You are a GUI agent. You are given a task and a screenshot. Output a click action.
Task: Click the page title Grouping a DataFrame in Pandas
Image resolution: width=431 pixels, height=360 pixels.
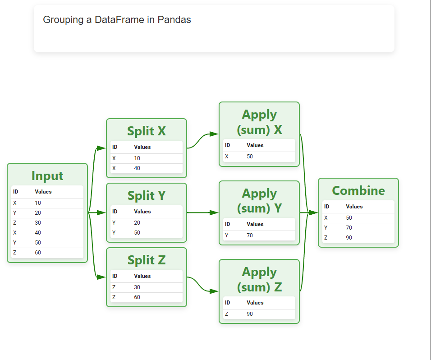coord(117,20)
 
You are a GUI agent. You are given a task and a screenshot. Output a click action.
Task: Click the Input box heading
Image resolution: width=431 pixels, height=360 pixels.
coord(47,176)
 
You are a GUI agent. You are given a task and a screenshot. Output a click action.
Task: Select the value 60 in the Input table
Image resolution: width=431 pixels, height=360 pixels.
coord(38,253)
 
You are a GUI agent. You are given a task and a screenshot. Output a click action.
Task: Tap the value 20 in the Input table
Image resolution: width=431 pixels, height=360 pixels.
coord(38,213)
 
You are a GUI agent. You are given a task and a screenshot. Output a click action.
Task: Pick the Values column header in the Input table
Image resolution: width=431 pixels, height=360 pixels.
coord(43,192)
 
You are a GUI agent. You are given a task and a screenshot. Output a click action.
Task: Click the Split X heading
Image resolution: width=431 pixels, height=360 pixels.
coord(147,131)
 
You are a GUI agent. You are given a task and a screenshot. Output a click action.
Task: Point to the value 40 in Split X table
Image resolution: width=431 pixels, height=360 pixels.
coord(137,168)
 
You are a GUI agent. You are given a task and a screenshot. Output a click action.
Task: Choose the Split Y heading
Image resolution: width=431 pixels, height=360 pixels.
coord(147,195)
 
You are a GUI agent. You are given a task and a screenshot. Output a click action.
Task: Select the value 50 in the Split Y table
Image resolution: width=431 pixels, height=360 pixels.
coord(137,233)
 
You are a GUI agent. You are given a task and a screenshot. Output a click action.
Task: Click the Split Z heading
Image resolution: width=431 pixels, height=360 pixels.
coord(147,260)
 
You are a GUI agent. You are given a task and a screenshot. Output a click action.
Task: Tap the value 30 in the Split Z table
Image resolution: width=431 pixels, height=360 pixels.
coord(137,287)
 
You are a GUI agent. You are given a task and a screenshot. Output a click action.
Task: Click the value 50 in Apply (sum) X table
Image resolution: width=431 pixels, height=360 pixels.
coord(250,157)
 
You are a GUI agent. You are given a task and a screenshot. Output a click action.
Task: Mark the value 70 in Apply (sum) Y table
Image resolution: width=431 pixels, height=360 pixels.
coord(250,235)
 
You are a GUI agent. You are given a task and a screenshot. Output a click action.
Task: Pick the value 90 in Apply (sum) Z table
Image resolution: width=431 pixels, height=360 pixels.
coord(250,314)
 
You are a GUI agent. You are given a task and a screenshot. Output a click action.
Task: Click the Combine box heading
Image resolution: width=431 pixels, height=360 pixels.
coord(358,190)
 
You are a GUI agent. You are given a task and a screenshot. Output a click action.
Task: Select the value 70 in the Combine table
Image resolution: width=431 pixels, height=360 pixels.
coord(349,228)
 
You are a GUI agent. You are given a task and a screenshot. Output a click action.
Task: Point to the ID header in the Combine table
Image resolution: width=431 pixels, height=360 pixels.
coord(326,207)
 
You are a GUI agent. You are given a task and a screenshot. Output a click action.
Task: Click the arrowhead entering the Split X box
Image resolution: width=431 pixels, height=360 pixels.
coord(101,148)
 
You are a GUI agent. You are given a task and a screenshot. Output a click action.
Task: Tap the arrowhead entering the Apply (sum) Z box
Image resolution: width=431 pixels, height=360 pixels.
coord(214,291)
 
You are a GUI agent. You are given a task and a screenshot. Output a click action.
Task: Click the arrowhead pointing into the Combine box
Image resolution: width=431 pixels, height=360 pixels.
coord(313,212)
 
